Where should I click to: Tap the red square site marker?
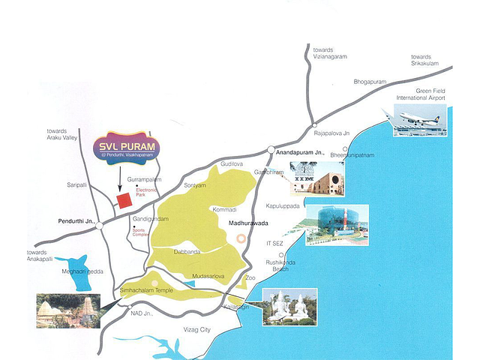point(124,200)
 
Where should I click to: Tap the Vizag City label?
point(197,329)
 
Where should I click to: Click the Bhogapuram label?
point(370,82)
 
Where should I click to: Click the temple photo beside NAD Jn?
point(68,310)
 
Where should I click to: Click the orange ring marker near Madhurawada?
point(241,238)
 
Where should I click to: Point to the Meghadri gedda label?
point(82,271)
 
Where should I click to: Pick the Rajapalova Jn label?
point(331,133)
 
